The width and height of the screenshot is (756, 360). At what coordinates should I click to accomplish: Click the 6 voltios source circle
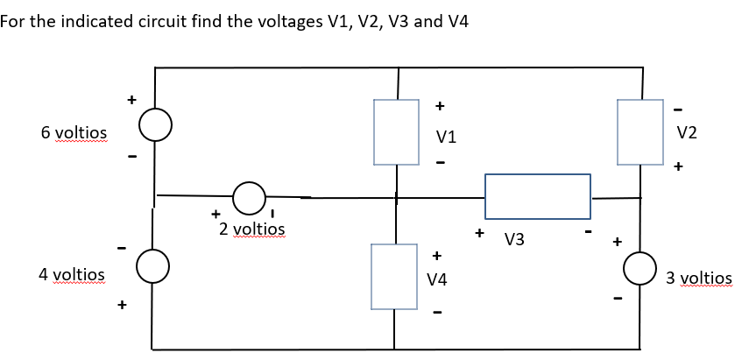pos(156,128)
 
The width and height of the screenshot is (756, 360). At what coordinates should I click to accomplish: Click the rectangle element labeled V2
pos(640,131)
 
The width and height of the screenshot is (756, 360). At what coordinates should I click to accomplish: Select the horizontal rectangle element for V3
pos(537,195)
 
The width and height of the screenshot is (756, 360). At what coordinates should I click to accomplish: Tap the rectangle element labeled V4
pos(394,276)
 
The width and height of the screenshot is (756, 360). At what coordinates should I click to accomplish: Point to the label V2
pos(687,132)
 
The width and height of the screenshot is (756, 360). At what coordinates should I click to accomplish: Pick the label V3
pos(515,239)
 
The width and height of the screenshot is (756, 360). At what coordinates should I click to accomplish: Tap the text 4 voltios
pos(72,274)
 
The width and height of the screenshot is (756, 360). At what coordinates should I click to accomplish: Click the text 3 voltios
pos(698,279)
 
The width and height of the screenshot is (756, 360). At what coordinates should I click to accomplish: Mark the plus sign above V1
pos(440,106)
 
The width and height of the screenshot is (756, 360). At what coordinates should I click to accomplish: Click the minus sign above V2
pos(678,109)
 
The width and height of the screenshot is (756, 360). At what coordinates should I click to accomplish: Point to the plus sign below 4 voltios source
pos(123,305)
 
